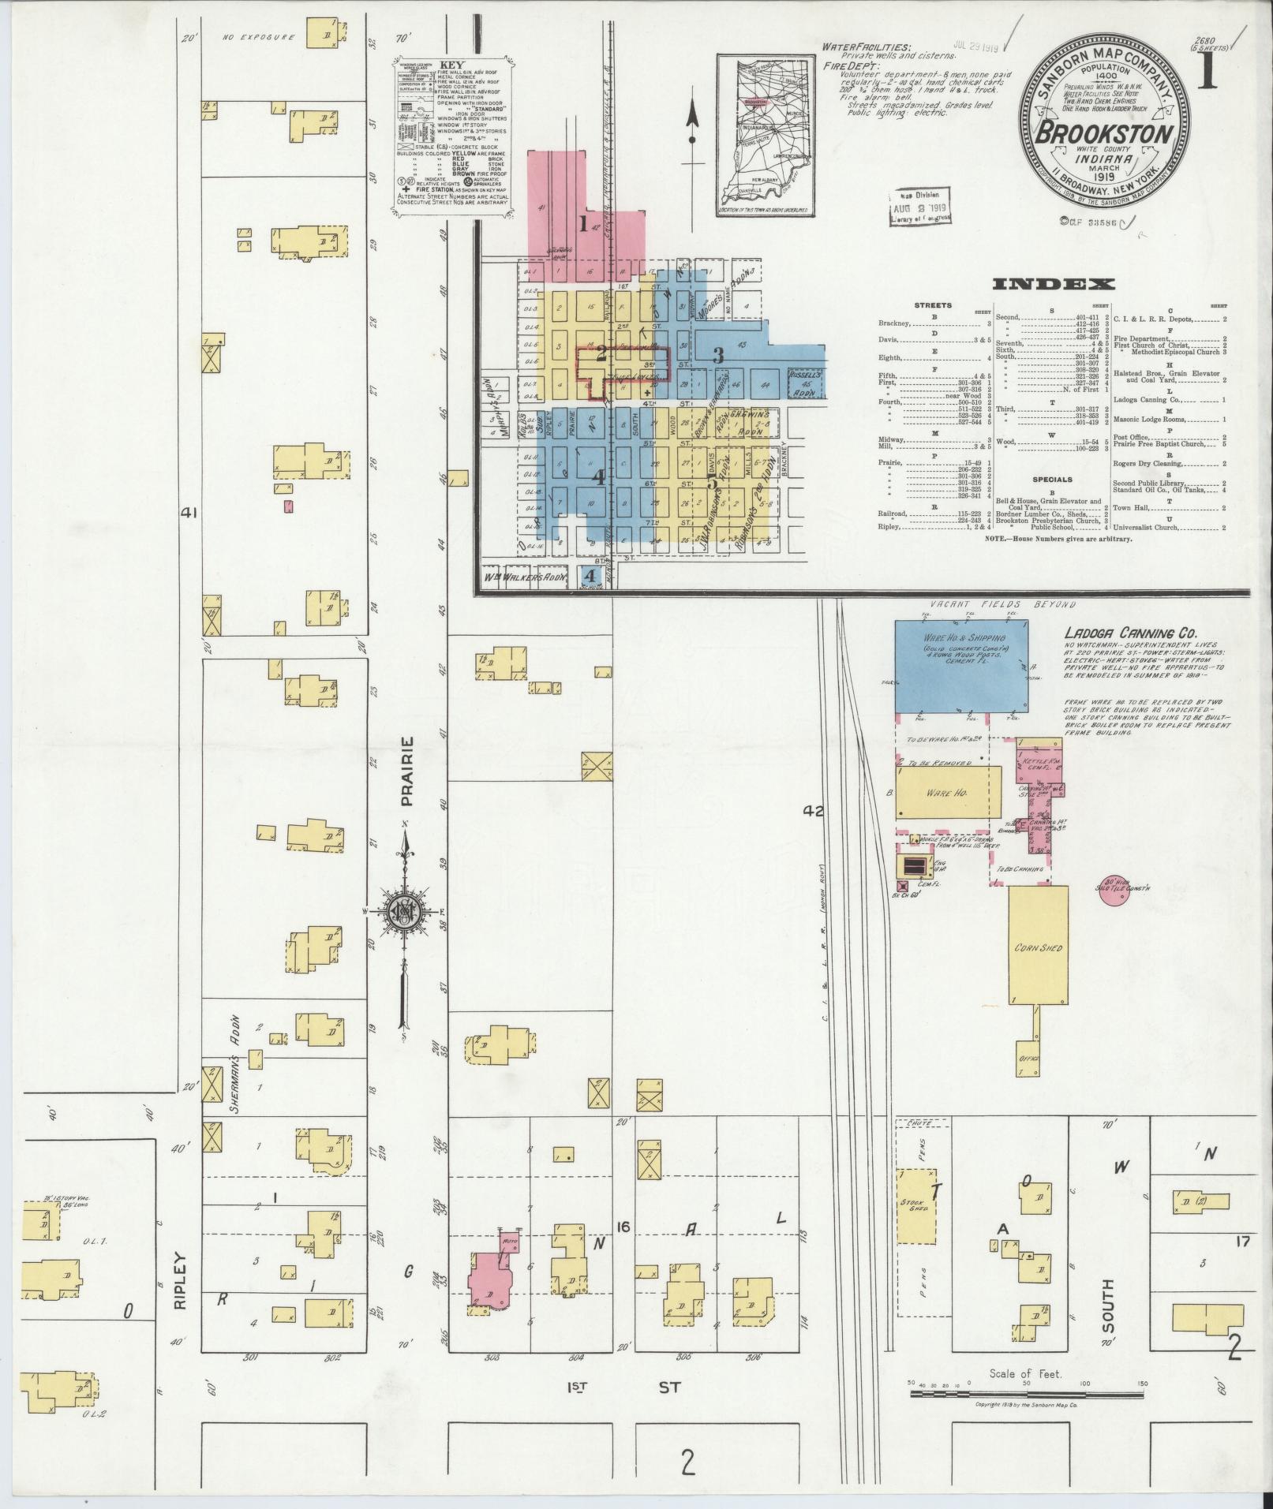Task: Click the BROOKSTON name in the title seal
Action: point(1103,133)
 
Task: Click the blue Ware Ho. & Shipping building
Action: point(960,665)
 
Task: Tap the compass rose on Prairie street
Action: point(404,912)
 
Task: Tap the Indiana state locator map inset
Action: point(765,134)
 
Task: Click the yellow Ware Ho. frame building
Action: point(948,792)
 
